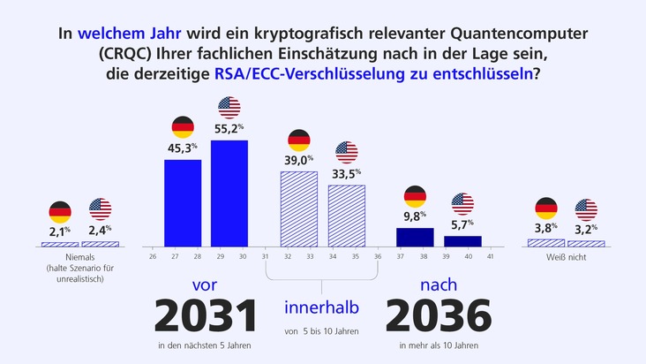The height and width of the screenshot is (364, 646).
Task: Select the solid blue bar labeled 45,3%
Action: coord(183,202)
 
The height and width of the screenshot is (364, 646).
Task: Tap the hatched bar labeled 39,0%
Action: coord(298,208)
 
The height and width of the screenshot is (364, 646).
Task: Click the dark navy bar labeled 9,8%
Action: coord(415,237)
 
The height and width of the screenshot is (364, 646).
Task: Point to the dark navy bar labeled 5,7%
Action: coord(462,240)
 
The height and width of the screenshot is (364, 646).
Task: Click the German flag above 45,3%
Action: coord(183,126)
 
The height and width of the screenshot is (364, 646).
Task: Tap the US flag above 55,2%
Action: coord(229,108)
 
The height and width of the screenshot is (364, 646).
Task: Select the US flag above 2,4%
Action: coord(101,209)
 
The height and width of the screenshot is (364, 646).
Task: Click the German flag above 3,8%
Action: coord(546,209)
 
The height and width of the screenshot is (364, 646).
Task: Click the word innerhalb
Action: coord(322,307)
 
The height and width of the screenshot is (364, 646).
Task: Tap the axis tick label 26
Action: coord(153,256)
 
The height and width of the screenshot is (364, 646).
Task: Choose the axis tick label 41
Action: coord(490,256)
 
